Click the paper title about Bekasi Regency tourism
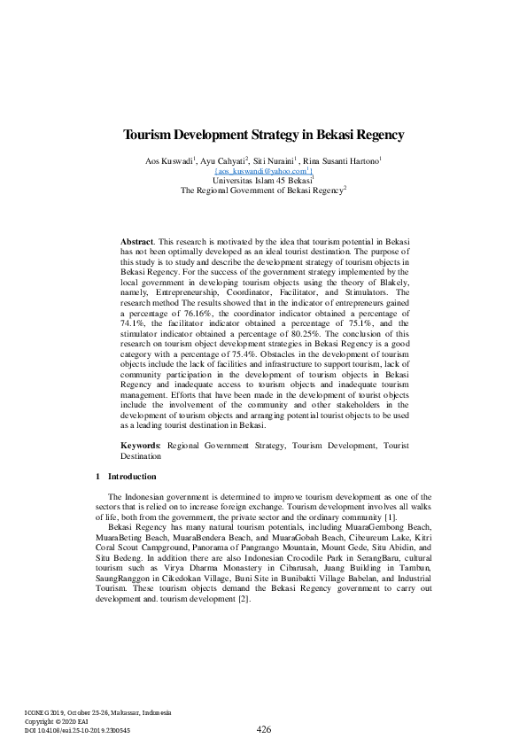click(x=263, y=136)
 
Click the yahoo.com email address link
click(x=262, y=170)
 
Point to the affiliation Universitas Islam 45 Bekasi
click(x=262, y=179)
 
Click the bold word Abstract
click(x=136, y=241)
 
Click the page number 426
click(x=263, y=729)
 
